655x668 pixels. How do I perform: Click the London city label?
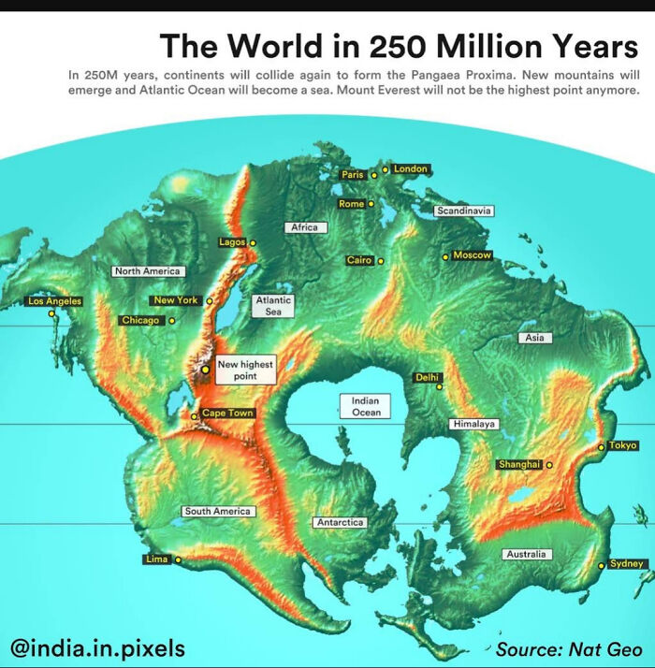(x=411, y=169)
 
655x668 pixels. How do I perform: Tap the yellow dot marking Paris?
(x=373, y=174)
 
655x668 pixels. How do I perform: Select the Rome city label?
(x=352, y=203)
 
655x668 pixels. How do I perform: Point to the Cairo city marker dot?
(x=381, y=261)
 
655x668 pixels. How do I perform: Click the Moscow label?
(x=472, y=255)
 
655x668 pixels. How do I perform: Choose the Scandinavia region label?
(x=463, y=211)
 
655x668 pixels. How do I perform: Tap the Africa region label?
(x=304, y=227)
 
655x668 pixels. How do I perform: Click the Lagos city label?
(x=232, y=241)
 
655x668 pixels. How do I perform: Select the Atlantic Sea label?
(x=273, y=306)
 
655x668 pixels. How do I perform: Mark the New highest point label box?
(x=245, y=370)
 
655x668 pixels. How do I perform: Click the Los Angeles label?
(x=55, y=301)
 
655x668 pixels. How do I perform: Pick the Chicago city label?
(x=141, y=320)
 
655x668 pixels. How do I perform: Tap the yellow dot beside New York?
(x=210, y=301)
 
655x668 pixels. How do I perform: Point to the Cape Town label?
(x=227, y=413)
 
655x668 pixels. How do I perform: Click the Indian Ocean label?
(x=366, y=406)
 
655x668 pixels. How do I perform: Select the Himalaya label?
(x=473, y=424)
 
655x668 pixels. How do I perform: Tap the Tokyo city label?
(x=622, y=445)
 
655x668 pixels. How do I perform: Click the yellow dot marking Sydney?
(x=601, y=566)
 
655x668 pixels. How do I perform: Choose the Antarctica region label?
(x=341, y=522)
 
